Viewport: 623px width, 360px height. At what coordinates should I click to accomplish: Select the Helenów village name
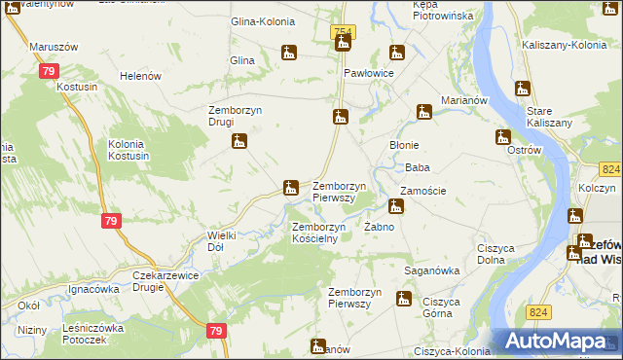138,76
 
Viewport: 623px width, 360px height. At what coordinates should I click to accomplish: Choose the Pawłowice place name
368,74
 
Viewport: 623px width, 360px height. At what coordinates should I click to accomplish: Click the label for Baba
418,167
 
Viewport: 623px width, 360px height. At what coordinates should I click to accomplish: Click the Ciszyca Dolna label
495,254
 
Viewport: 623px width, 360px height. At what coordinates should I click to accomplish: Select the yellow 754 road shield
343,33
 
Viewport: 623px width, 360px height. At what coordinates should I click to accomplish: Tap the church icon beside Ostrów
503,137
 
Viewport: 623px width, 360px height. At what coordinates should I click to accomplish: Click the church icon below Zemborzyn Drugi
239,142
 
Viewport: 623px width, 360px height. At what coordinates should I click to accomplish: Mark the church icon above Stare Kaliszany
523,88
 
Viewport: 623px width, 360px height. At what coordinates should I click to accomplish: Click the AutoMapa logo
556,341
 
